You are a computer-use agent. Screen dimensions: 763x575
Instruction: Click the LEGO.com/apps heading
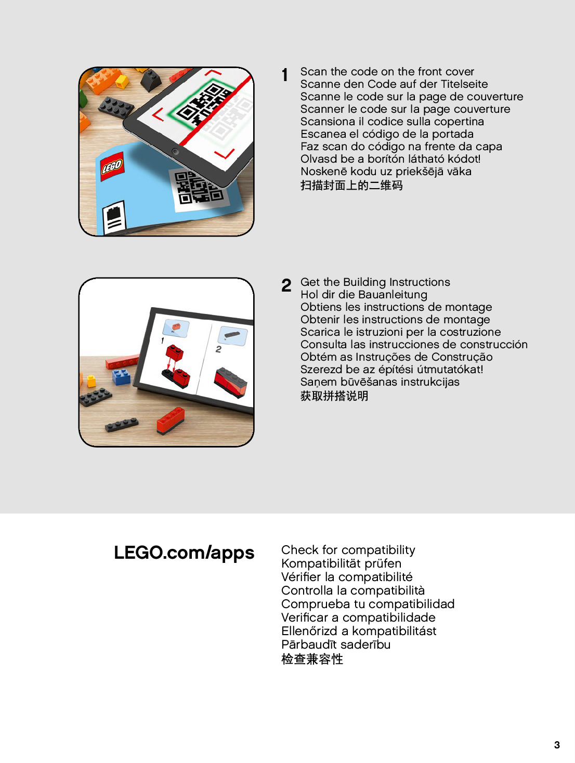click(x=184, y=552)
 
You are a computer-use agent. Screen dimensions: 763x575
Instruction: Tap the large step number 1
click(x=285, y=75)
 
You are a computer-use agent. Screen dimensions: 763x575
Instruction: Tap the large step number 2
click(x=286, y=285)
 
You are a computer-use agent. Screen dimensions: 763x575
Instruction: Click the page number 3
click(x=557, y=745)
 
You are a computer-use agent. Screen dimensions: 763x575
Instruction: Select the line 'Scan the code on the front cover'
click(x=387, y=72)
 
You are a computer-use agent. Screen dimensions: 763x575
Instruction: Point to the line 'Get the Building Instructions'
click(x=375, y=282)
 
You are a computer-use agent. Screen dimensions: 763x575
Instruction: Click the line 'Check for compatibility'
click(x=348, y=550)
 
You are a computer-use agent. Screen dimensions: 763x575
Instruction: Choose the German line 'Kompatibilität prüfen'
click(x=341, y=563)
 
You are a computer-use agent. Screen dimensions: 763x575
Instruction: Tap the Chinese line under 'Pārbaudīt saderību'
click(x=312, y=659)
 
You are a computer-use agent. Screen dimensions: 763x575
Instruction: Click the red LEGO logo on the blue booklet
click(x=112, y=166)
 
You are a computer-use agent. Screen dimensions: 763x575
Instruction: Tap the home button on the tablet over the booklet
click(x=175, y=152)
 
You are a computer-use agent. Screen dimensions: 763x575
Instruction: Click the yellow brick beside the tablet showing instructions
click(x=92, y=381)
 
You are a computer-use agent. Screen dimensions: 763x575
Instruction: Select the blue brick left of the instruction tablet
click(x=121, y=376)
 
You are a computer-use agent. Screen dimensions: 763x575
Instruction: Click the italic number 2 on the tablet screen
click(x=218, y=349)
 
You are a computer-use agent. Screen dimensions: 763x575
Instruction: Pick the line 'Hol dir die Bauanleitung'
click(x=363, y=295)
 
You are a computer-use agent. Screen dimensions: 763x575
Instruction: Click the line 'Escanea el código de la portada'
click(x=387, y=134)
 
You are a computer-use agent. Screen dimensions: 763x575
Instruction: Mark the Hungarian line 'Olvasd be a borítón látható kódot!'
click(x=390, y=159)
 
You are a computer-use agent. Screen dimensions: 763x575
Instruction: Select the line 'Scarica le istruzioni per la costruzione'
click(x=400, y=332)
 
